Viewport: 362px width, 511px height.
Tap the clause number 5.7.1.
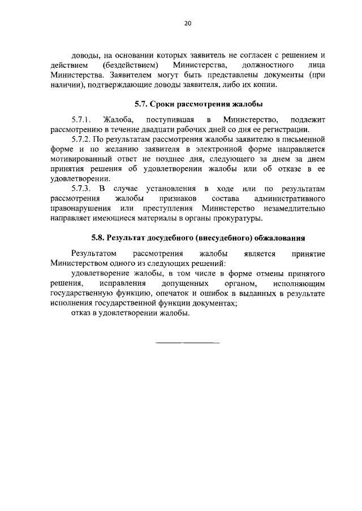point(81,120)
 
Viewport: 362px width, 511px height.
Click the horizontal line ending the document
point(187,343)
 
